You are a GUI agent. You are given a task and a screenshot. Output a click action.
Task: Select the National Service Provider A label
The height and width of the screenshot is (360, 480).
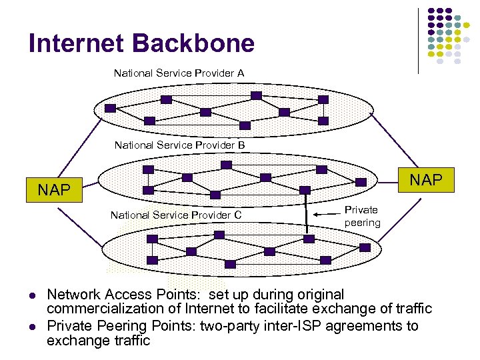click(179, 73)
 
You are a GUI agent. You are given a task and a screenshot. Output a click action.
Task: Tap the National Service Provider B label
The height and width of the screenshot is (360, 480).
click(179, 145)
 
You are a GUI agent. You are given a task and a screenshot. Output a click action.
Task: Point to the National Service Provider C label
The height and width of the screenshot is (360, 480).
click(175, 215)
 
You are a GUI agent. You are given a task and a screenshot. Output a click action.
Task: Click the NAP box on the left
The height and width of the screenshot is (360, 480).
click(54, 190)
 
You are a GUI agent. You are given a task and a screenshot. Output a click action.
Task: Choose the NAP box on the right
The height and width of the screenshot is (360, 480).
click(425, 179)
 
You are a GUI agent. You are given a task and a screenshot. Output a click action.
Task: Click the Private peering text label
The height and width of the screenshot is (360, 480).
click(362, 216)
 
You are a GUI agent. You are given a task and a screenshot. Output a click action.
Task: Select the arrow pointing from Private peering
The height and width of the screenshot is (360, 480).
click(329, 214)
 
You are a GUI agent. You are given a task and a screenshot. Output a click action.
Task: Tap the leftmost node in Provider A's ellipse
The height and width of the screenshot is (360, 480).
click(111, 108)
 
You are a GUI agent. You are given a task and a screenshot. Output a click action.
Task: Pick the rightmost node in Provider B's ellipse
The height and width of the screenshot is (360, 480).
click(361, 181)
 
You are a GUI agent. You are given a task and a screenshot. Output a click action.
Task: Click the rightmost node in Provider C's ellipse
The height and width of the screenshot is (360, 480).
click(365, 247)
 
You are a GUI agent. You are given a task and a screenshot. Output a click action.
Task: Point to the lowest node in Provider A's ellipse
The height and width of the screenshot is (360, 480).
click(245, 125)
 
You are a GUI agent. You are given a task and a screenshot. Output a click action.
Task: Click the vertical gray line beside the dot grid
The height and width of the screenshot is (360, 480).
click(419, 40)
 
